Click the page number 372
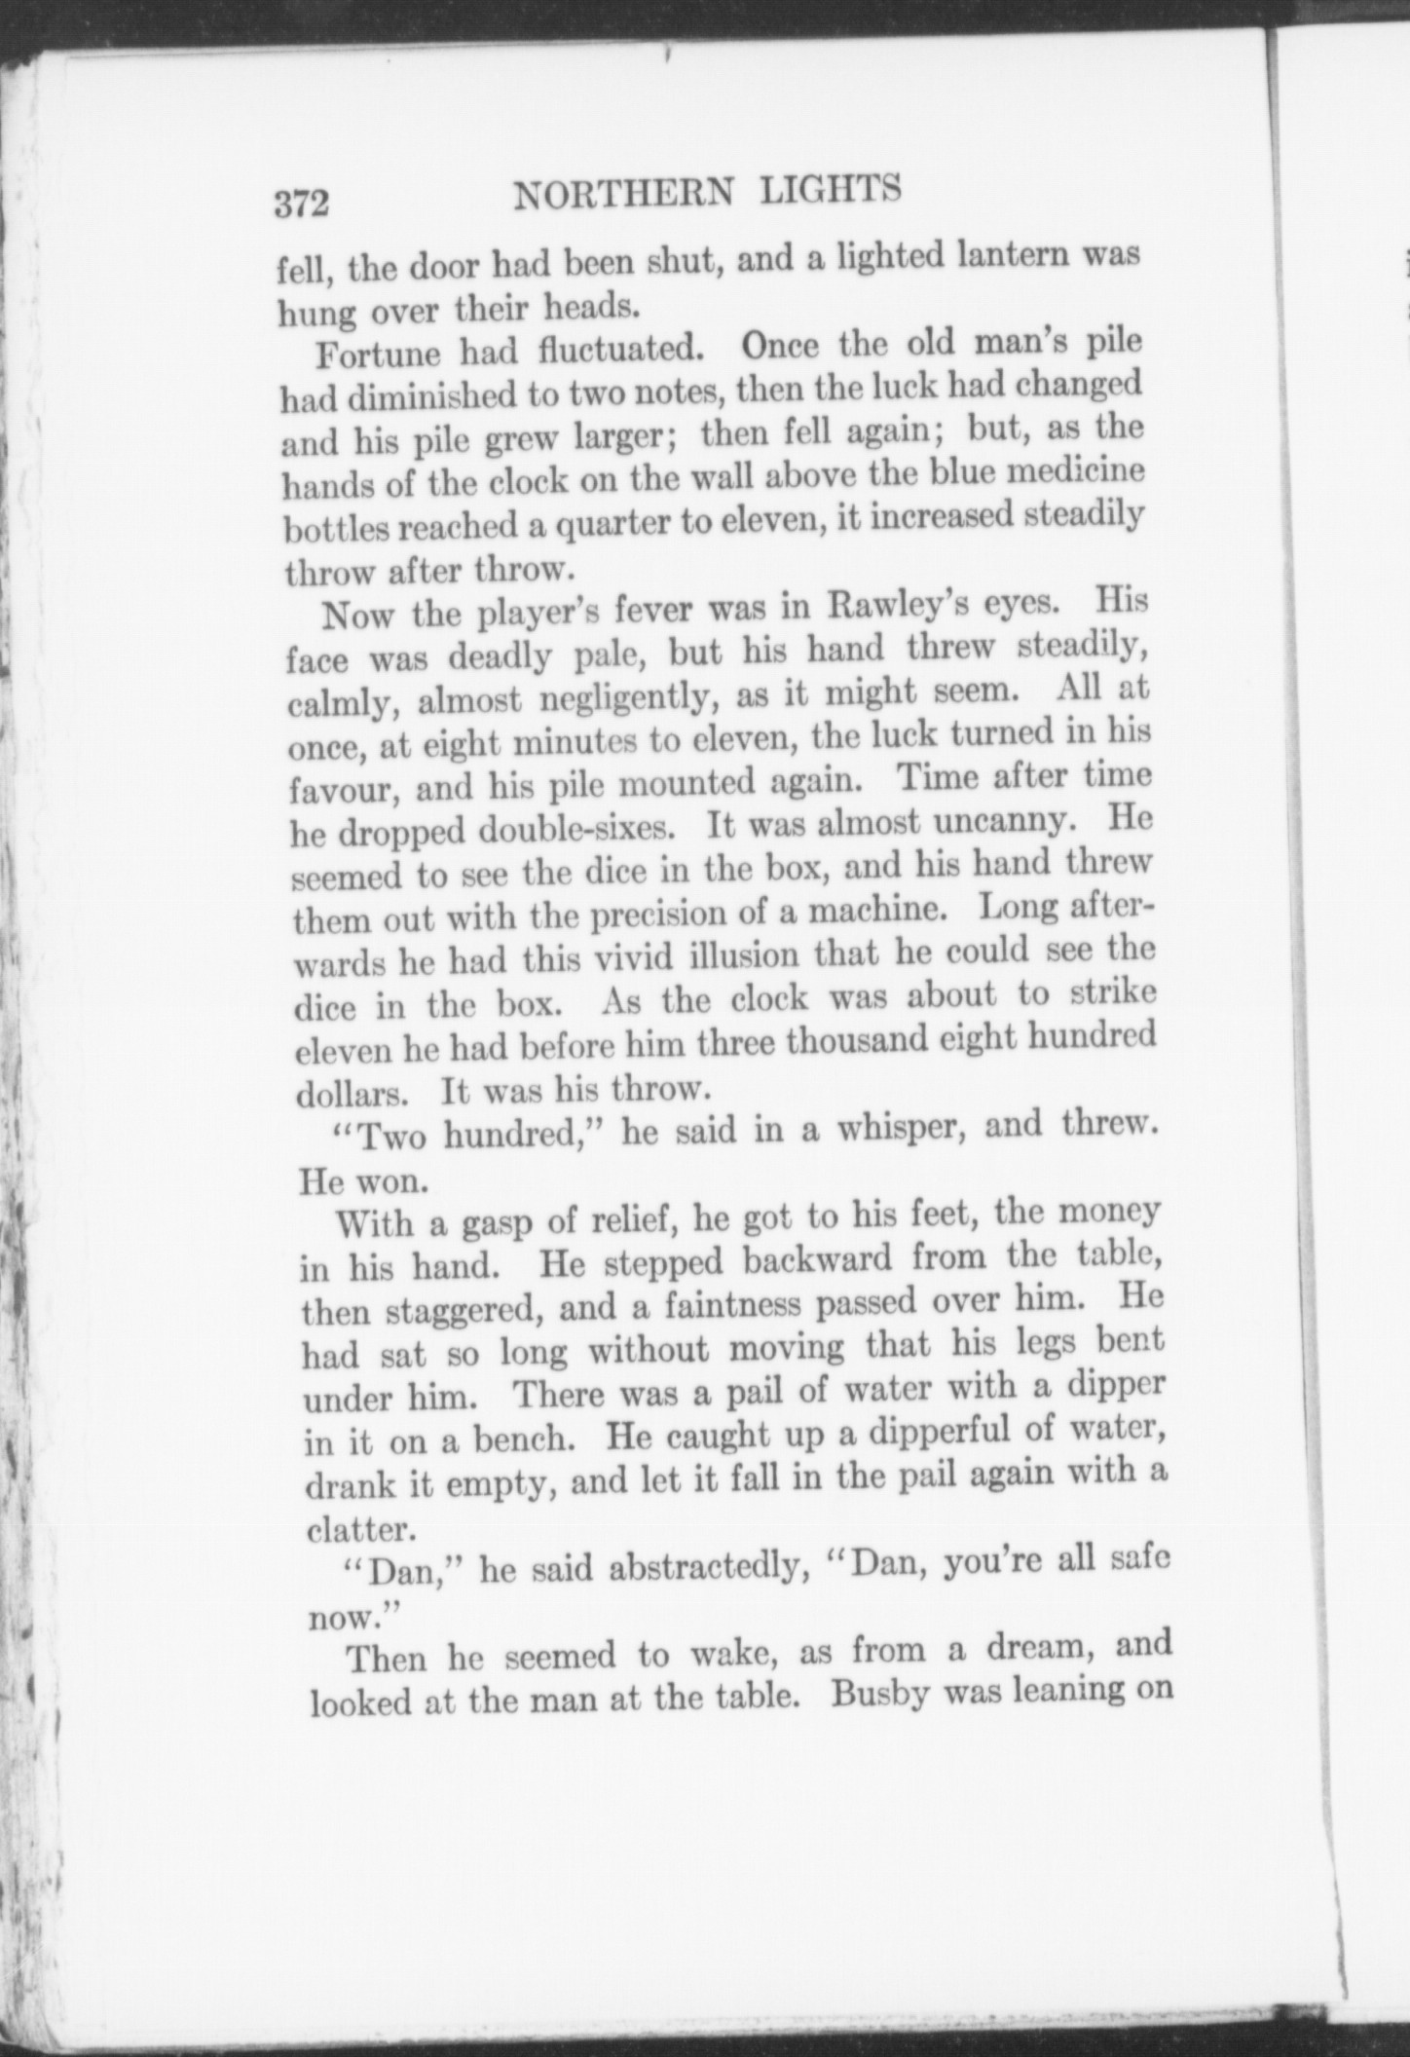coord(303,206)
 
